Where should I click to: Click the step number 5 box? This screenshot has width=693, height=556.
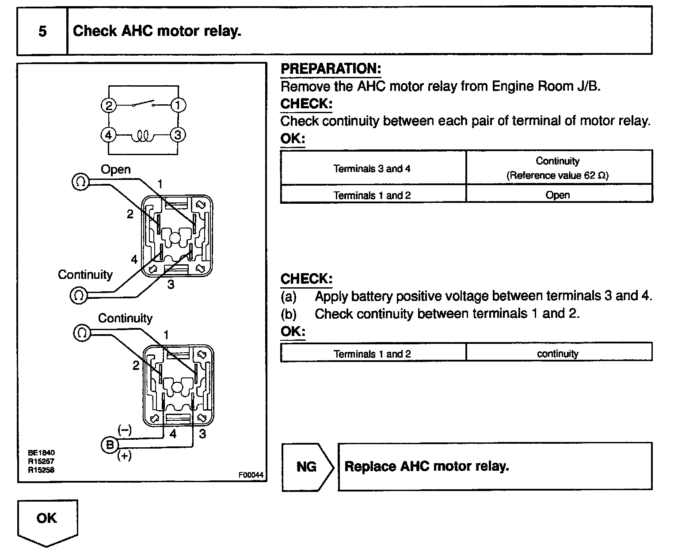pos(42,31)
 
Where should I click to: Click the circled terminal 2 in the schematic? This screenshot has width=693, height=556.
pos(109,105)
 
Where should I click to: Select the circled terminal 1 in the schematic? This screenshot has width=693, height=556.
pos(178,105)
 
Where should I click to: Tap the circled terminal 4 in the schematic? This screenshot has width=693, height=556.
pos(109,134)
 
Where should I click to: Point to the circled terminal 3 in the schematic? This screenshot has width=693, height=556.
pos(178,134)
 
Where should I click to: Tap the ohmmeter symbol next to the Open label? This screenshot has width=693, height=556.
pos(81,182)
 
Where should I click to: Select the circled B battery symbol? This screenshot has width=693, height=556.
pos(110,444)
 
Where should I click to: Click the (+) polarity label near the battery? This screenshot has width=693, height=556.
pos(124,456)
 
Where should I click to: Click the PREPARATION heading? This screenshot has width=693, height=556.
pos(331,69)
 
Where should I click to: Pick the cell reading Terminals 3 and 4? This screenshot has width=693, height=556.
pos(373,168)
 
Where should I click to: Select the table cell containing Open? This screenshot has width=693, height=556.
pos(558,194)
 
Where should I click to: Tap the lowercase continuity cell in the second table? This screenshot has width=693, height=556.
pos(558,354)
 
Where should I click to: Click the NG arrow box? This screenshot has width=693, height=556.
pos(307,467)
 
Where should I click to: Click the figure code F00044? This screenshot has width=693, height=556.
pos(251,475)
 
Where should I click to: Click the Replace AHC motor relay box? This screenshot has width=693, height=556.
pos(495,467)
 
